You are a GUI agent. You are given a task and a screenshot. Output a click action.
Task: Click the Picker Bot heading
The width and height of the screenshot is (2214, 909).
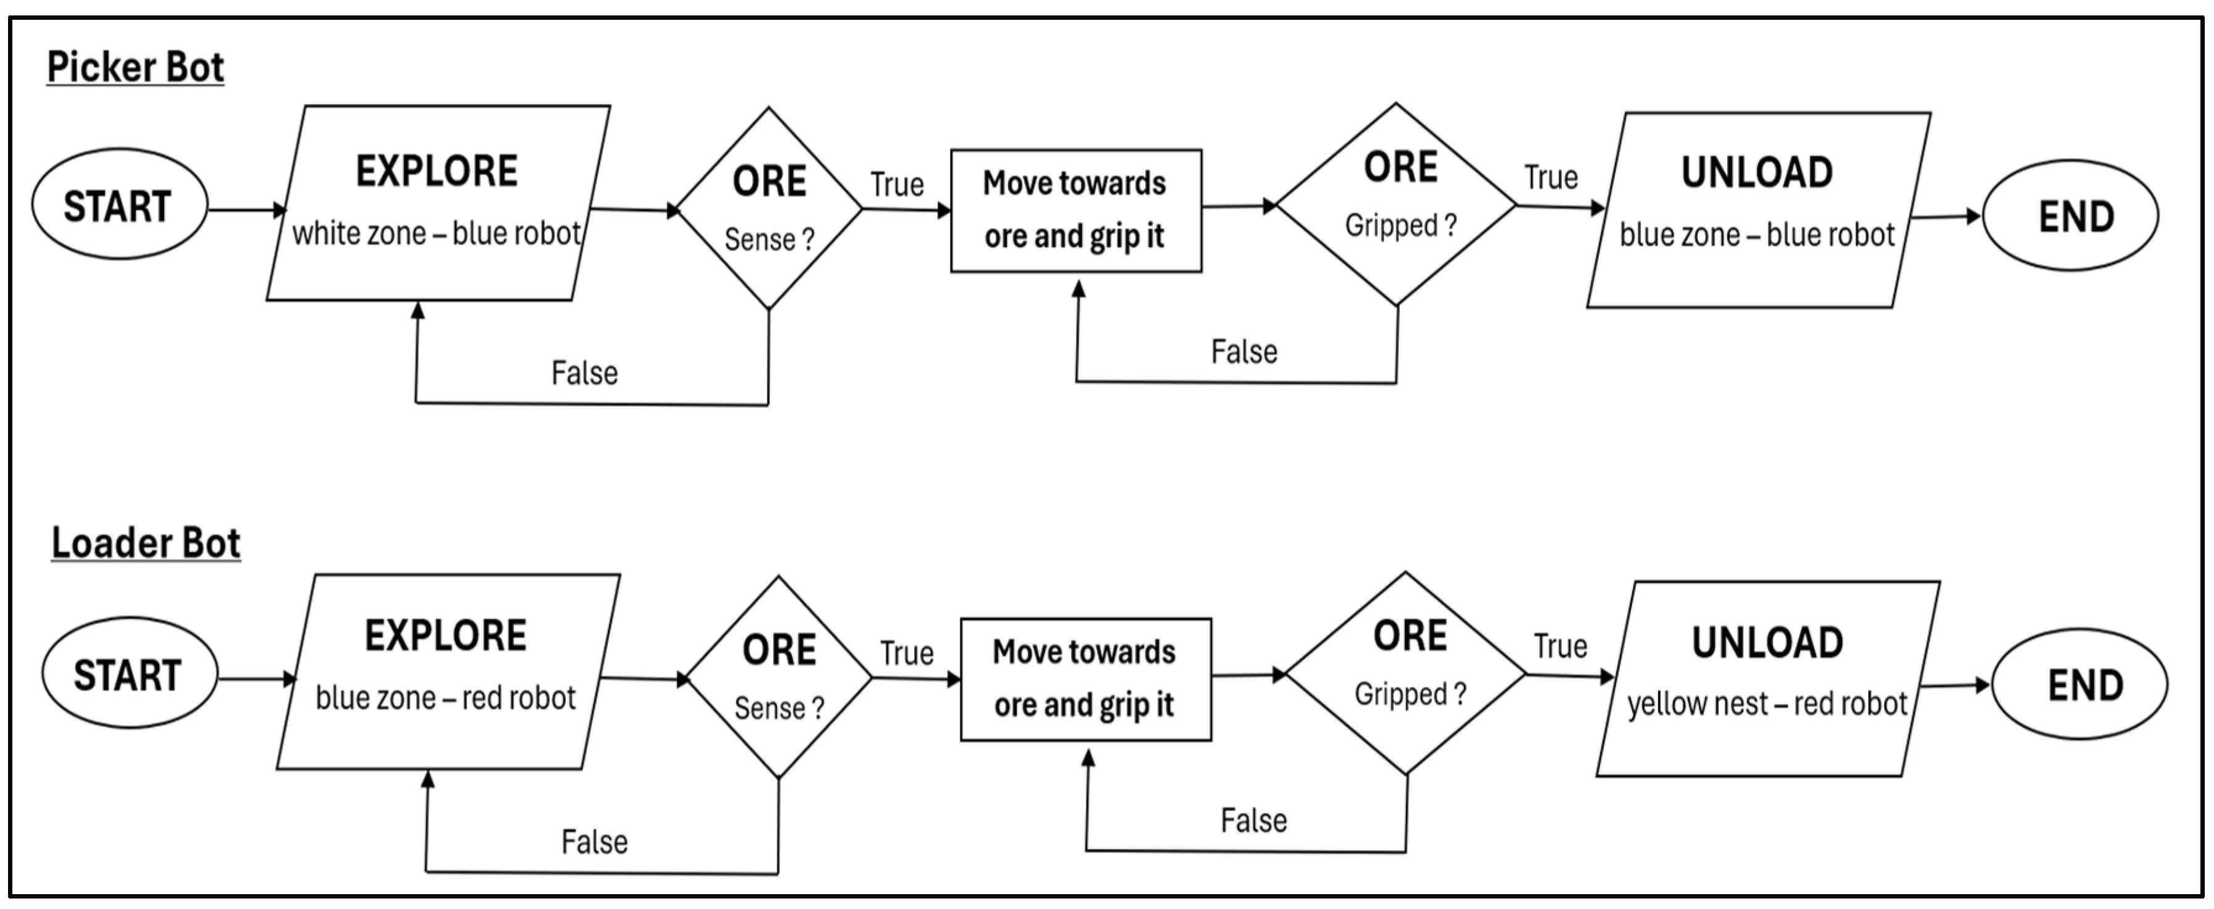pyautogui.click(x=135, y=67)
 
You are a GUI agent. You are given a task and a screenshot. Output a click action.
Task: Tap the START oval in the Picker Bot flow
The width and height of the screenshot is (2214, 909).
pyautogui.click(x=119, y=206)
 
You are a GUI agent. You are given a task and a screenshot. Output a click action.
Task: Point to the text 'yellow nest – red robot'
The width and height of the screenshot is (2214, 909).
pyautogui.click(x=1767, y=703)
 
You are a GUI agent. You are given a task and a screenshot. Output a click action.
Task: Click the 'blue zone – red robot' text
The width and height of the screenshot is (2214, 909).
pyautogui.click(x=445, y=698)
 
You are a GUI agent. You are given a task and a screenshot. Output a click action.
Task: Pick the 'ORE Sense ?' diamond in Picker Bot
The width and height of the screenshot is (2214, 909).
pyautogui.click(x=769, y=208)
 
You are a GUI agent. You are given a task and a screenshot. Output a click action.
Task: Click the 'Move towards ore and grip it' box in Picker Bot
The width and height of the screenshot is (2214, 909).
pyautogui.click(x=1075, y=211)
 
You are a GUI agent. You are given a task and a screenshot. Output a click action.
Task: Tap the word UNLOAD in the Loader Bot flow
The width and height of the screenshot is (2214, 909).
pyautogui.click(x=1767, y=643)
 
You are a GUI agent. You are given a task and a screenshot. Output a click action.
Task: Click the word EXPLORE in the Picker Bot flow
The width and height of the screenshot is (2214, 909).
pyautogui.click(x=437, y=171)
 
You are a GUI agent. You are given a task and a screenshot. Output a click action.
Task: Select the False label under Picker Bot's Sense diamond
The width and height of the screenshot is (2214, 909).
pyautogui.click(x=584, y=373)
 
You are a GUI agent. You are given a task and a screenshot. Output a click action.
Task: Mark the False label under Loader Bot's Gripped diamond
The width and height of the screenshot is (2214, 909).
pyautogui.click(x=1254, y=821)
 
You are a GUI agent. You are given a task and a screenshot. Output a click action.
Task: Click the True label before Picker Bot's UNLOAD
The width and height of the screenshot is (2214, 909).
pyautogui.click(x=1551, y=178)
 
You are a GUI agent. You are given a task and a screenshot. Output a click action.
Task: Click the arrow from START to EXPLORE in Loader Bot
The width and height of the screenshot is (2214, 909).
pyautogui.click(x=255, y=679)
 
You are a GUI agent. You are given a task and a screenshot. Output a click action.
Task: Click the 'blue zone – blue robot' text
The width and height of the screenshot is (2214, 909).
pyautogui.click(x=1757, y=235)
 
